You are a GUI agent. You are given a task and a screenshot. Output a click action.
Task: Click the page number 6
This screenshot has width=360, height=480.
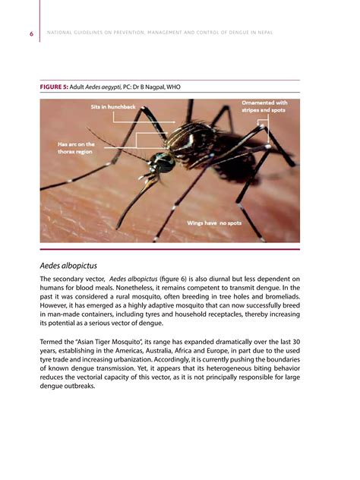[x=31, y=33]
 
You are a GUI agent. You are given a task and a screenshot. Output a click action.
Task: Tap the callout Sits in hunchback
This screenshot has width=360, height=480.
[x=113, y=107]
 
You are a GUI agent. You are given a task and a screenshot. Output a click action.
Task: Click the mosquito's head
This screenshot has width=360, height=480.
[x=159, y=163]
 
